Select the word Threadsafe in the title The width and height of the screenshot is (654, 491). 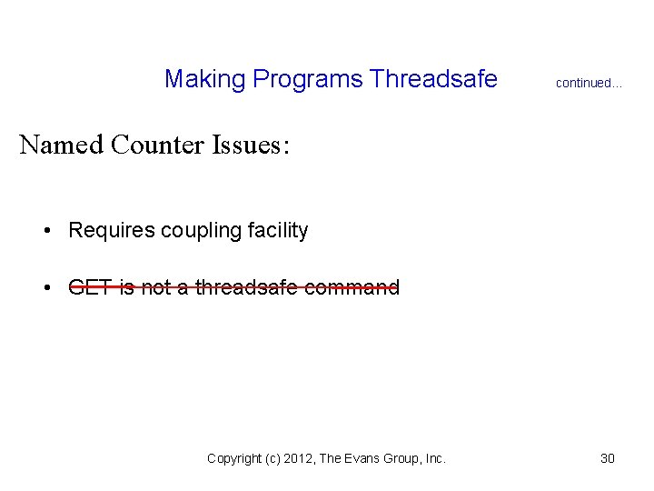pos(434,80)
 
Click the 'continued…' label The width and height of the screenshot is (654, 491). pos(589,83)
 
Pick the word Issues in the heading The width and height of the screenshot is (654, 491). pos(248,145)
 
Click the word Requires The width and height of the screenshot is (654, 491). pos(111,231)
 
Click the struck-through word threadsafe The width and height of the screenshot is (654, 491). pos(249,288)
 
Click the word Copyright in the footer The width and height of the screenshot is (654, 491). pos(235,459)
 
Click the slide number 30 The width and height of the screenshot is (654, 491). pos(608,458)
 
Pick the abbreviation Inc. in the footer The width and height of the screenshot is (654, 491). pos(434,459)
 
